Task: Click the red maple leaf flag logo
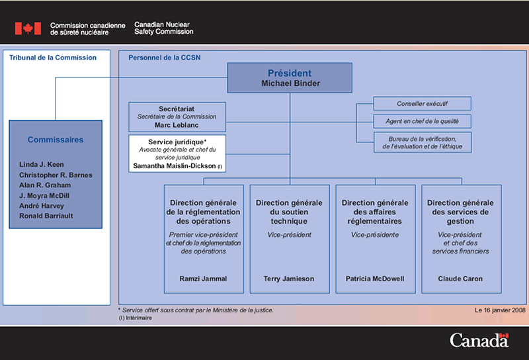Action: pos(28,28)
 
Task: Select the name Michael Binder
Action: pos(290,83)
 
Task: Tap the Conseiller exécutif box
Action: pos(422,104)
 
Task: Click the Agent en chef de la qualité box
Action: pos(422,121)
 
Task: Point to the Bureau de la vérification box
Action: pos(423,142)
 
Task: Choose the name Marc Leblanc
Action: pos(177,125)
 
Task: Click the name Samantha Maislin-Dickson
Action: pos(175,166)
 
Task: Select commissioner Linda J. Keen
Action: pos(42,165)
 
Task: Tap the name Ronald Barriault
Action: pos(46,216)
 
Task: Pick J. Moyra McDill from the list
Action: pos(44,195)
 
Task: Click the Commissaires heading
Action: pos(56,140)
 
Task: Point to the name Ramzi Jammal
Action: pos(203,279)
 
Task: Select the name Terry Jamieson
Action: pos(289,279)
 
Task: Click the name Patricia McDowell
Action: pos(375,279)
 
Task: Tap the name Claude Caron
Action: pos(460,279)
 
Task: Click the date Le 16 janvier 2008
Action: pos(500,310)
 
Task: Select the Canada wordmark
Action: pos(479,340)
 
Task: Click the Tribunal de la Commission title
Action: pos(53,58)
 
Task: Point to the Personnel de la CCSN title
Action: pos(164,58)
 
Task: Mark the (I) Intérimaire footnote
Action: pos(136,318)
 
